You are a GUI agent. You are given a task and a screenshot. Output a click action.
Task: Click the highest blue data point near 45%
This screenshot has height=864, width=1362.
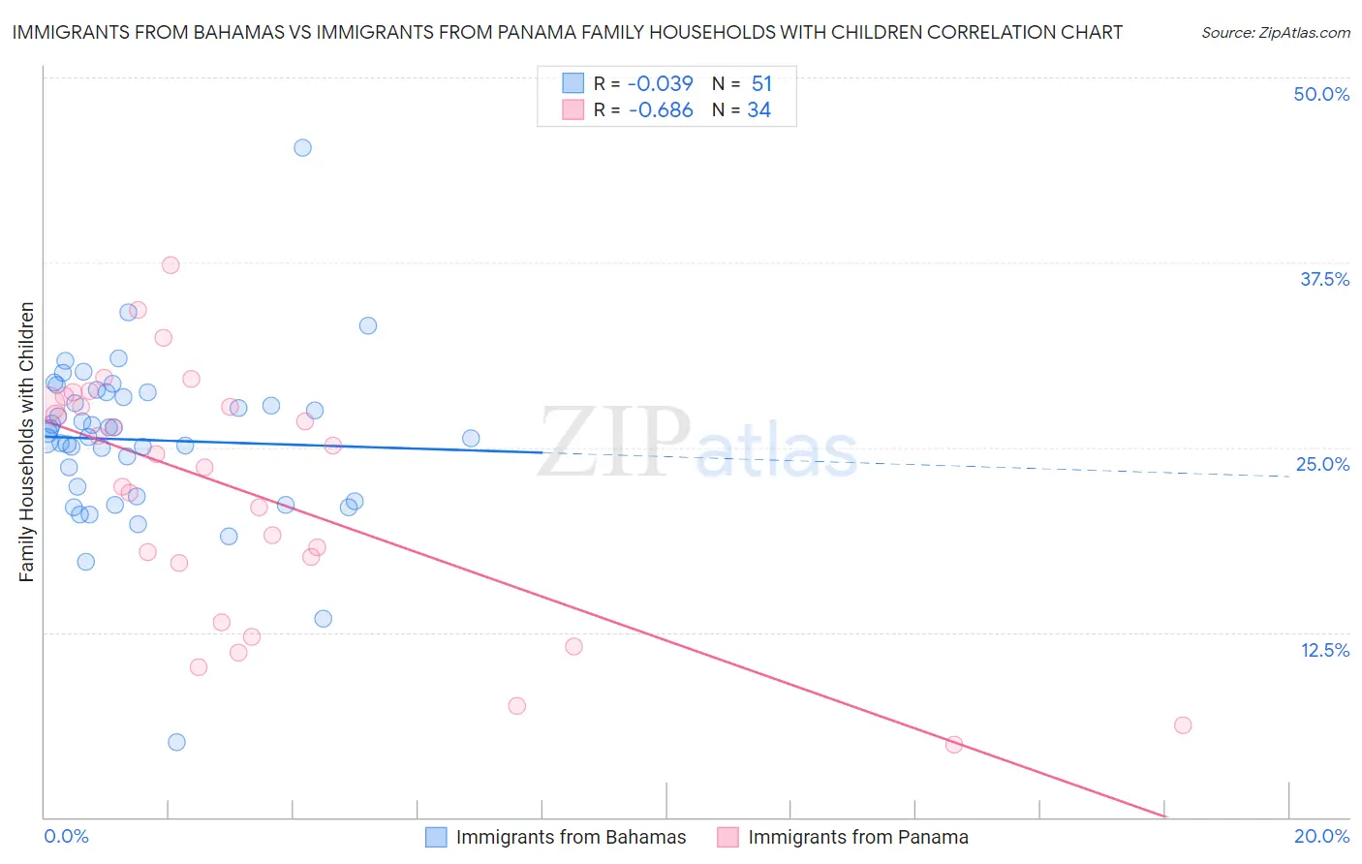[x=302, y=148]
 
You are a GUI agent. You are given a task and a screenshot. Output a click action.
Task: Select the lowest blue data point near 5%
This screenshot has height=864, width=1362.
[x=176, y=742]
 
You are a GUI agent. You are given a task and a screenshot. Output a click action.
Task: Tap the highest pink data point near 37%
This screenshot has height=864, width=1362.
[x=170, y=265]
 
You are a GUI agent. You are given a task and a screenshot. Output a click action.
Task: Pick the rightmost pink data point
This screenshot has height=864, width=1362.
[x=1182, y=725]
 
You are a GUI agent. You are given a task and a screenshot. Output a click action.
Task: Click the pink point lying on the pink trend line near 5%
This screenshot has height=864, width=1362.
[x=953, y=745]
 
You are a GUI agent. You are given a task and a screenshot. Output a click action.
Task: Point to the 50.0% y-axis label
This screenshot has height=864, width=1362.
[x=1321, y=94]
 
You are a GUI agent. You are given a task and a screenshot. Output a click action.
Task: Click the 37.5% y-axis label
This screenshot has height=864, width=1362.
[x=1324, y=279]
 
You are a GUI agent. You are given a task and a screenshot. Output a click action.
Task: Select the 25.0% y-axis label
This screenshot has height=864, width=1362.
[x=1322, y=464]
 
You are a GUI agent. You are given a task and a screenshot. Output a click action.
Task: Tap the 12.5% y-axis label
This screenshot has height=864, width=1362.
[x=1324, y=650]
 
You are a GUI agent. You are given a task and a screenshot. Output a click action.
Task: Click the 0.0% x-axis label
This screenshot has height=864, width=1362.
[x=66, y=836]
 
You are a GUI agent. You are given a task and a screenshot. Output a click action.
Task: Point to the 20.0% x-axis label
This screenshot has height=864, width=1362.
[x=1321, y=836]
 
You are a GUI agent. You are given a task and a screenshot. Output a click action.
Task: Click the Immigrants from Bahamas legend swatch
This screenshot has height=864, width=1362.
[x=436, y=837]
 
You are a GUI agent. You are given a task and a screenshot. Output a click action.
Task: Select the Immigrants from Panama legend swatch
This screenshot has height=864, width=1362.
[x=727, y=837]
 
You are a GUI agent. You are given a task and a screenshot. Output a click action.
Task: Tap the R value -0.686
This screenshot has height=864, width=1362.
[x=661, y=110]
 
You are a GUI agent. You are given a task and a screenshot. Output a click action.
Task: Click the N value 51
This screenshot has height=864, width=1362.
[x=761, y=83]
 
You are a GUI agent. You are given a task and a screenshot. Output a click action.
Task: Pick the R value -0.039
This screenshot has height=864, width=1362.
[x=661, y=83]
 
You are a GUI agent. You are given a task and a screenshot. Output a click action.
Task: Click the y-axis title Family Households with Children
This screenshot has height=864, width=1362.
[x=26, y=442]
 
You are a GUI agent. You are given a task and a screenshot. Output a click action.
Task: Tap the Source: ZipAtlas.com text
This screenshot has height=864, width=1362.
[x=1275, y=33]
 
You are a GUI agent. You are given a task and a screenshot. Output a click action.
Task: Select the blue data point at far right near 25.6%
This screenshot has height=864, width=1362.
[x=471, y=439]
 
